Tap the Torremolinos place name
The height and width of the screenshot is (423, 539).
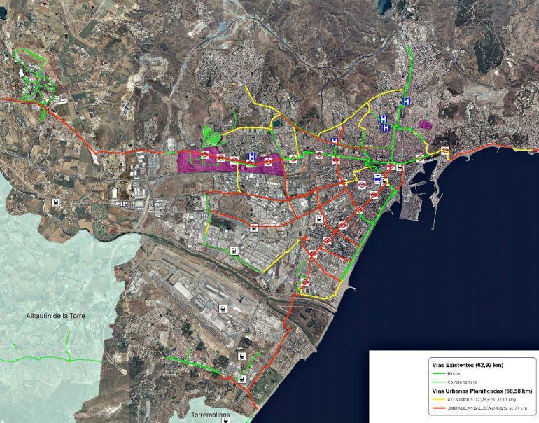210,415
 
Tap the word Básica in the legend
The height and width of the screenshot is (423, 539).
454,373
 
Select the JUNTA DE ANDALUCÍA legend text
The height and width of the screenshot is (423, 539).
484,408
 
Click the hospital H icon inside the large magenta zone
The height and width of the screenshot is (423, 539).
251,158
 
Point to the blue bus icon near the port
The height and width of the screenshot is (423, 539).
378,179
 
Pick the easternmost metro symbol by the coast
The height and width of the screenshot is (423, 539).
444,151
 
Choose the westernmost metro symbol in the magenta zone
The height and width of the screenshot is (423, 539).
206,153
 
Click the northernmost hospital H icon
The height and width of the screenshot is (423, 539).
405,102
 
